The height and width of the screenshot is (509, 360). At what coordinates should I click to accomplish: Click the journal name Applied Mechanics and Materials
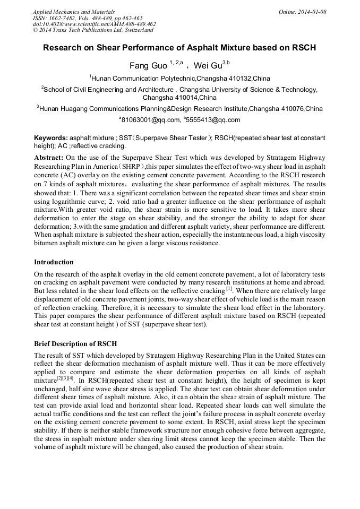coord(73,11)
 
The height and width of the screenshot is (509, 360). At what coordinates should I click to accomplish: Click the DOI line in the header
coord(94,24)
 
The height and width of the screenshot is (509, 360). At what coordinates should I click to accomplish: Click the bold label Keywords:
coord(51,138)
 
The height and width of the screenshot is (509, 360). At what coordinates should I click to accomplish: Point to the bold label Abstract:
coord(49,158)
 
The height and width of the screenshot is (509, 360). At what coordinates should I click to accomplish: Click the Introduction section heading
coord(54,262)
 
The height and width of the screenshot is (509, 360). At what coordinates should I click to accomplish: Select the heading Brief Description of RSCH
coord(75,344)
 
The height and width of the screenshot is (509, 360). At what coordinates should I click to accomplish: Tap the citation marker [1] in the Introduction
coord(229,289)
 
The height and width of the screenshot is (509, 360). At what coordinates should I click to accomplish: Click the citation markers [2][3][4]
coord(66,379)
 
